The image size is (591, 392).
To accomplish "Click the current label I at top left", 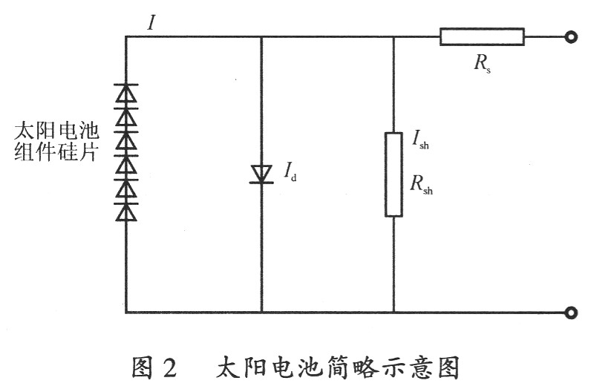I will (151, 22).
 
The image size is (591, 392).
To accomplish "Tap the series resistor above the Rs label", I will (481, 36).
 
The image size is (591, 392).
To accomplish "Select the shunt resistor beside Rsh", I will (393, 174).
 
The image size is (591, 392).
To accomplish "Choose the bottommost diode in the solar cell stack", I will (125, 212).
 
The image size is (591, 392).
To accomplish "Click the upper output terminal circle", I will (570, 36).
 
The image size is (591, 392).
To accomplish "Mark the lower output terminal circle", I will (570, 313).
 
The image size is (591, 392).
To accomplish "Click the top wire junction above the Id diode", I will (261, 36).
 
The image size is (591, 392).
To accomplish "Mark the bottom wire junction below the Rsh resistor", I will (393, 313).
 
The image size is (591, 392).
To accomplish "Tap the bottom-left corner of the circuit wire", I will (125, 313).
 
